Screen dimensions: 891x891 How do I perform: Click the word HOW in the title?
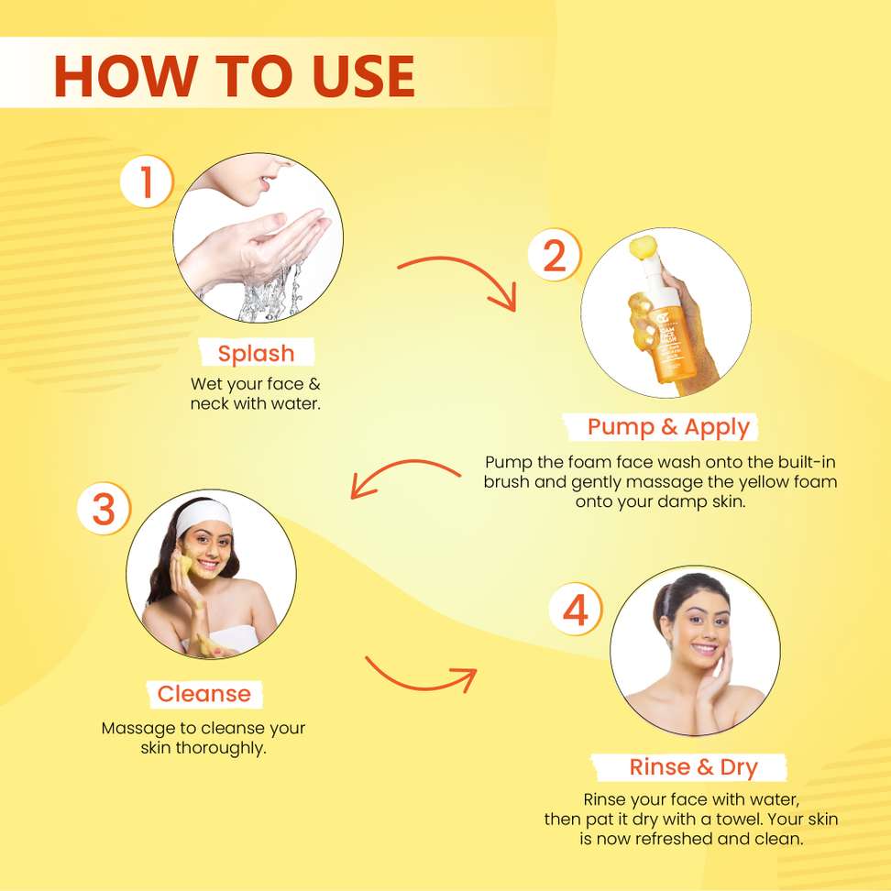pyautogui.click(x=125, y=76)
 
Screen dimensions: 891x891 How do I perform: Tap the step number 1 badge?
pyautogui.click(x=147, y=181)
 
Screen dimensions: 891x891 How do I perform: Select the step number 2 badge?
pyautogui.click(x=555, y=255)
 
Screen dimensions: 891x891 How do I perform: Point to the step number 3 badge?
pyautogui.click(x=104, y=509)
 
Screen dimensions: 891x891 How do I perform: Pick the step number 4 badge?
pyautogui.click(x=576, y=610)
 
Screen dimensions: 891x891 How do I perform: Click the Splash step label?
pyautogui.click(x=257, y=353)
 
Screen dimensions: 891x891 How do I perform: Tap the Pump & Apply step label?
pyautogui.click(x=668, y=427)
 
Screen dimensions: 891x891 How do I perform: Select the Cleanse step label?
pyautogui.click(x=204, y=694)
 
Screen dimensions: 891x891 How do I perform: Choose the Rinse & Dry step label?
pyautogui.click(x=693, y=767)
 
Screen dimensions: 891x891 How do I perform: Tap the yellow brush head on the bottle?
pyautogui.click(x=643, y=247)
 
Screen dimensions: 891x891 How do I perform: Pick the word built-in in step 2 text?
pyautogui.click(x=807, y=461)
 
